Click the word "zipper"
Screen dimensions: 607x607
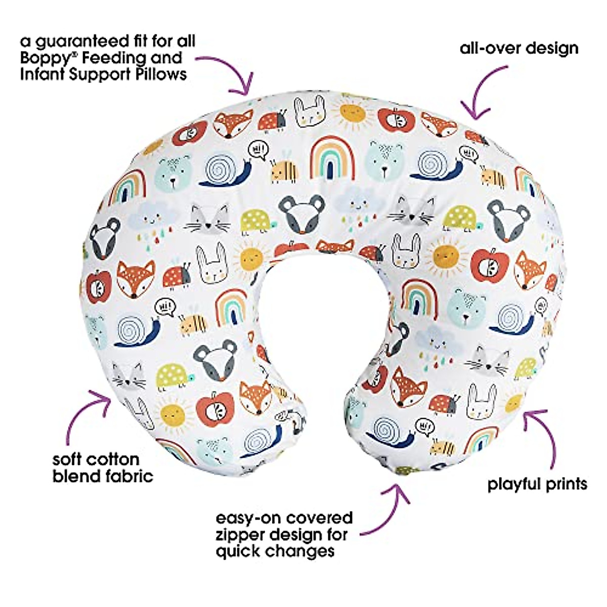click(x=240, y=535)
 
